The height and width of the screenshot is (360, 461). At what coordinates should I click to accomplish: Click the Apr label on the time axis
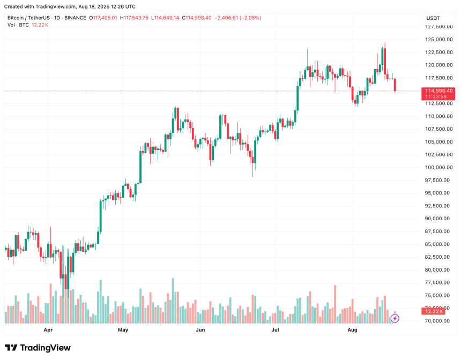pos(49,330)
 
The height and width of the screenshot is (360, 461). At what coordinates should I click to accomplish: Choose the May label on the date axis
pos(123,330)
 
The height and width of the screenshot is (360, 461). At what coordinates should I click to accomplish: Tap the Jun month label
pos(200,330)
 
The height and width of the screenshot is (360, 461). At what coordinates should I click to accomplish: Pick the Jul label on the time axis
pos(276,330)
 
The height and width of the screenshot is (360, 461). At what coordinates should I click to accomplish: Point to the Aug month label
pos(352,330)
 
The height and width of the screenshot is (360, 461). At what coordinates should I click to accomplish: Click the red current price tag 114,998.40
pos(438,91)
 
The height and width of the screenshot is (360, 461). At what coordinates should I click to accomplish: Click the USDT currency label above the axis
pos(433,18)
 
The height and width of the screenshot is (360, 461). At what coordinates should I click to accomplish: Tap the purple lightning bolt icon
pos(395,318)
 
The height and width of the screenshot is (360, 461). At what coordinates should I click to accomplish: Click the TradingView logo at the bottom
pos(38,348)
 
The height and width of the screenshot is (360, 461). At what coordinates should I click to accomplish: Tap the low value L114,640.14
pos(166,18)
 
